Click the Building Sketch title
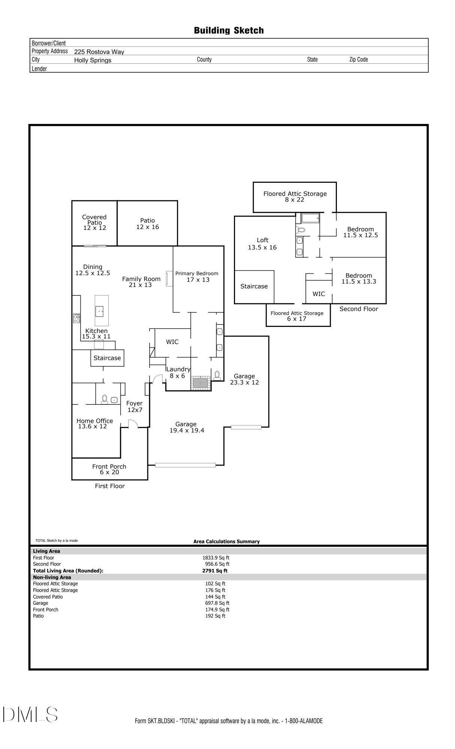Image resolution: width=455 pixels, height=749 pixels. pyautogui.click(x=229, y=30)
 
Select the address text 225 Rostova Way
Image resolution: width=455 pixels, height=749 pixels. pyautogui.click(x=99, y=52)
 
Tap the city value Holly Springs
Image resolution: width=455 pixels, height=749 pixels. pyautogui.click(x=93, y=60)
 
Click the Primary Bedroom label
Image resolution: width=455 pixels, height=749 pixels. pyautogui.click(x=197, y=273)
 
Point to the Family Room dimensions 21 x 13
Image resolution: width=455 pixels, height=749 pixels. pyautogui.click(x=141, y=285)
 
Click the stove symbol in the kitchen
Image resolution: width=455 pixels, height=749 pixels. pyautogui.click(x=76, y=318)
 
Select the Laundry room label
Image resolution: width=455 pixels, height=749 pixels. pyautogui.click(x=178, y=369)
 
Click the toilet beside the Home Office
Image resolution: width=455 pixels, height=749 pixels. pyautogui.click(x=105, y=400)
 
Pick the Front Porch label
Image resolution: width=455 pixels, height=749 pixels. pyautogui.click(x=109, y=467)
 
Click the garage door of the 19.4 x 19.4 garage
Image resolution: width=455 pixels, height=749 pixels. pyautogui.click(x=186, y=466)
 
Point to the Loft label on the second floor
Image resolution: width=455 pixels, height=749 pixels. pyautogui.click(x=263, y=240)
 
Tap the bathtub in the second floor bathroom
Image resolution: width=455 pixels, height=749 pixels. pyautogui.click(x=310, y=218)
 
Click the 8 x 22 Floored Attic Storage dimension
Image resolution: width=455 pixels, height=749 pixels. pyautogui.click(x=295, y=200)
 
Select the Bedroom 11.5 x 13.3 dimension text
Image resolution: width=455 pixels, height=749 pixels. pyautogui.click(x=359, y=282)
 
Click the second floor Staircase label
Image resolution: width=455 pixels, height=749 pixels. pyautogui.click(x=254, y=286)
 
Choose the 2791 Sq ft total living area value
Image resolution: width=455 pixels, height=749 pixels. pyautogui.click(x=215, y=571)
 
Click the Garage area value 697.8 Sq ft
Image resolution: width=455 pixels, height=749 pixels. pyautogui.click(x=217, y=603)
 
